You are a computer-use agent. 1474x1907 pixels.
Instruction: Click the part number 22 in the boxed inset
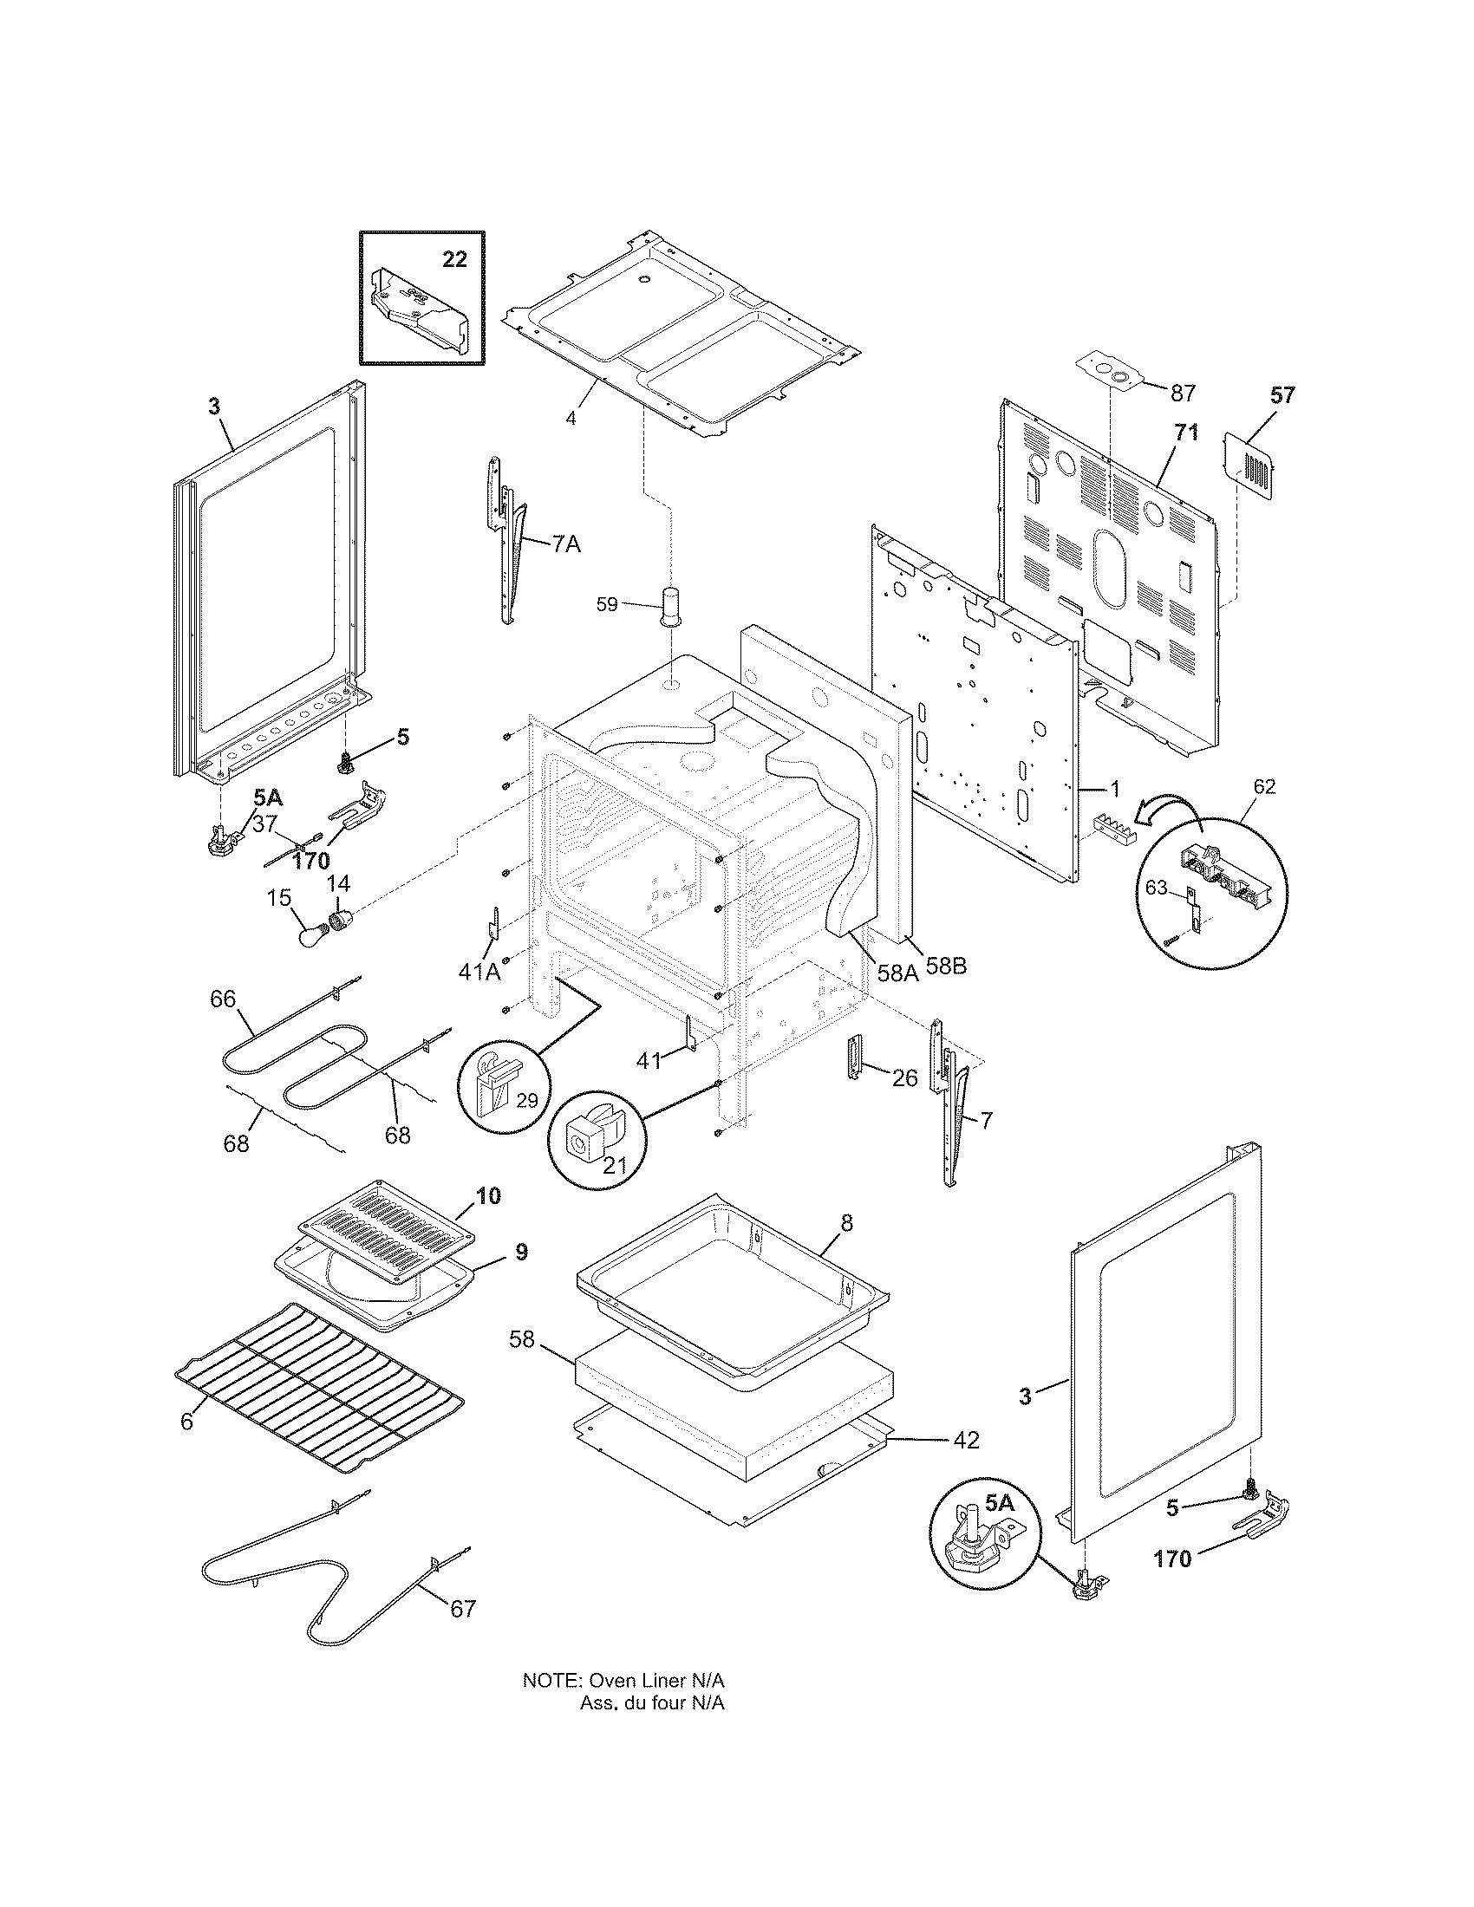coord(454,259)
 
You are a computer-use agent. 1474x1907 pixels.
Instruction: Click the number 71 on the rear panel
coord(1185,433)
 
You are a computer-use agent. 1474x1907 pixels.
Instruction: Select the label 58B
coord(947,967)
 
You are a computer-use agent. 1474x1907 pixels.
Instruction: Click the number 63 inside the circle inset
coord(1155,888)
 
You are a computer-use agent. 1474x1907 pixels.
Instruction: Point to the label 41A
coord(479,971)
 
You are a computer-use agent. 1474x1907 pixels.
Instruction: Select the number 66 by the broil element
coord(223,998)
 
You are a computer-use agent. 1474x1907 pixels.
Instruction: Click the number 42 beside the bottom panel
coord(965,1440)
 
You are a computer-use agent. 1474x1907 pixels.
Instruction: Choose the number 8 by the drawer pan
coord(846,1223)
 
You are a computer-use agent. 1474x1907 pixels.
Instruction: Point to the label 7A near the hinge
coord(565,544)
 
